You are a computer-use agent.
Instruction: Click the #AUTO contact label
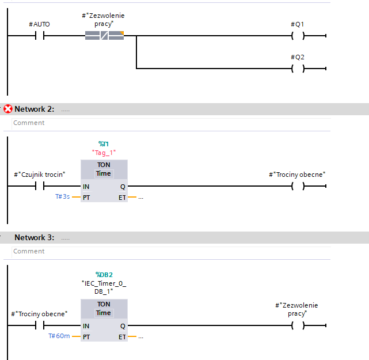[x=39, y=24]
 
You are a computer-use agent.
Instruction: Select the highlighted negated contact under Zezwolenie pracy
[x=104, y=36]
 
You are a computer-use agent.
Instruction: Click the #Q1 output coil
[x=298, y=36]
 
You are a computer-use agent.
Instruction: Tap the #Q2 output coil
[x=298, y=69]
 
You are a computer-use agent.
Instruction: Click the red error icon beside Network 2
[x=7, y=109]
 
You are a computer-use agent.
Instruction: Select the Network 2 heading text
[x=35, y=109]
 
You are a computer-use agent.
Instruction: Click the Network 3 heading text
[x=35, y=237]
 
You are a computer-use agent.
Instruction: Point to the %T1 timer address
[x=104, y=144]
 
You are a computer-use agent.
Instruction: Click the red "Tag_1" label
[x=104, y=153]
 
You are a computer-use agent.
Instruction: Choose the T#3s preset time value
[x=63, y=196]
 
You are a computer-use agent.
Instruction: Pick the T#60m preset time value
[x=59, y=336]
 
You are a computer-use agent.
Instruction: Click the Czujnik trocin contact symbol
[x=40, y=186]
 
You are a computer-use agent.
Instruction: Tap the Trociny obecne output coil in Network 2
[x=298, y=186]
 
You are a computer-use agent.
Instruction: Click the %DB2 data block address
[x=104, y=275]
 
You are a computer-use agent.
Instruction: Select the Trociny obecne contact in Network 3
[x=40, y=325]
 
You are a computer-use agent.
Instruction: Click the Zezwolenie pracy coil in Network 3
[x=298, y=325]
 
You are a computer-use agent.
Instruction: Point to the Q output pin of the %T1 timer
[x=123, y=187]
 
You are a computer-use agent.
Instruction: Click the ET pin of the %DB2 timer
[x=122, y=337]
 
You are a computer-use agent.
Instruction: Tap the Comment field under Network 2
[x=171, y=123]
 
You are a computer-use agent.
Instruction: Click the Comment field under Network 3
[x=171, y=252]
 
